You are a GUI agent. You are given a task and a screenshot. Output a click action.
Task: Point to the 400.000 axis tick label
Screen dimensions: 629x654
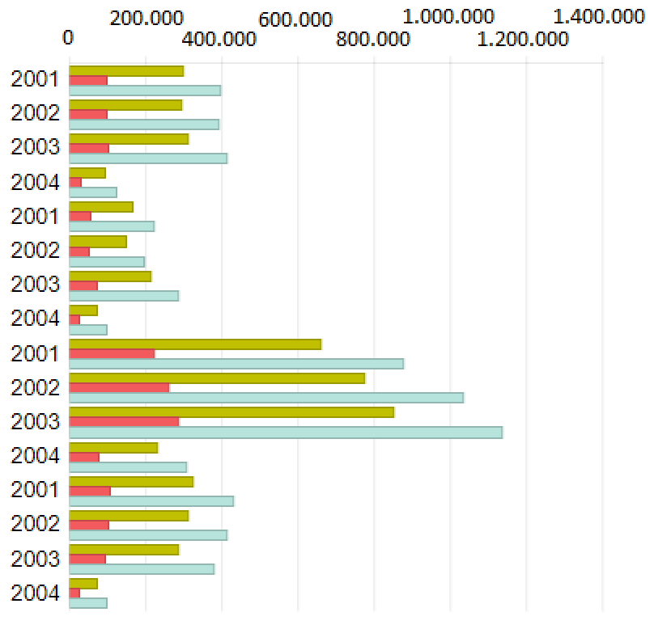pos(223,38)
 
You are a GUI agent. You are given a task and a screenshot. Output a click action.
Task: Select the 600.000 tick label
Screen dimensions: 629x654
pos(295,19)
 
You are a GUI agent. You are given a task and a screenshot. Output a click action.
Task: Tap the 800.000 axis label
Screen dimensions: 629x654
pos(374,38)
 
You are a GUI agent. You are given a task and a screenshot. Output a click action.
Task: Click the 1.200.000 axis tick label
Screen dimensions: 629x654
pos(525,38)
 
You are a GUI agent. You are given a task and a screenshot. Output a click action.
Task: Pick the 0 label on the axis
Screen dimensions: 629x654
pos(69,38)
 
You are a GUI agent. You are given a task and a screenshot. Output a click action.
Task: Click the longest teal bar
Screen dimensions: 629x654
pos(286,433)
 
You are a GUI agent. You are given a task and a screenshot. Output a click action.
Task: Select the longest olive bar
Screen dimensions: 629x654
pos(231,412)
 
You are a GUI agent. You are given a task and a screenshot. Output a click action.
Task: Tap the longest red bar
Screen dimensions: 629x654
pos(124,422)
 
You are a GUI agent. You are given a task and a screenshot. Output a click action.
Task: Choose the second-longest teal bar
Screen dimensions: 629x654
pos(266,398)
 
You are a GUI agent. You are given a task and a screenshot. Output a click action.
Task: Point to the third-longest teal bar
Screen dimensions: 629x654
pos(236,364)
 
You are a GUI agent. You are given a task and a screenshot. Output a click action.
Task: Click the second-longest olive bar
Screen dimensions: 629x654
pos(217,378)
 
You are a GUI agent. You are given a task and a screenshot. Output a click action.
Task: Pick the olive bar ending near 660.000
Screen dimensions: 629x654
pos(195,344)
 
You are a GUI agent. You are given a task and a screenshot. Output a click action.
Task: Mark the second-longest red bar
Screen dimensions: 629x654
pos(119,388)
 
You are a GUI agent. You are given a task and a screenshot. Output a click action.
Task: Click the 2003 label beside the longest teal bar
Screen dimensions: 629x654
pos(35,422)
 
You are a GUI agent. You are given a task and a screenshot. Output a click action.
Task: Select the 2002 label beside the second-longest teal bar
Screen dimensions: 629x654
pos(35,388)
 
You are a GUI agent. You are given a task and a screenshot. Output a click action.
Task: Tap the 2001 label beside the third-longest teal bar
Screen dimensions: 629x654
pos(35,353)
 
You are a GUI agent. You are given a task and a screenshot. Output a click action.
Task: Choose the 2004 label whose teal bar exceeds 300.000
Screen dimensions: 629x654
pos(35,456)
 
